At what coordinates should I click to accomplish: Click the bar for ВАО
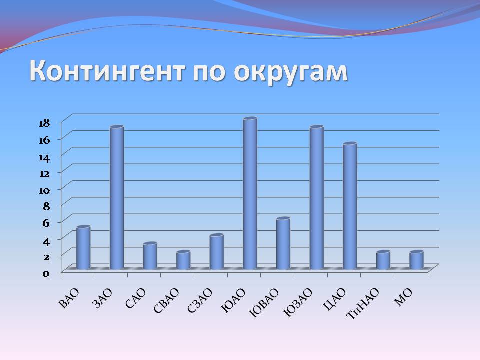pyautogui.click(x=83, y=248)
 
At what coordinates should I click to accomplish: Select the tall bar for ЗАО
pyautogui.click(x=117, y=198)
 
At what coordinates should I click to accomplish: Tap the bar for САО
pyautogui.click(x=150, y=256)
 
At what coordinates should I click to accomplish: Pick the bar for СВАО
pyautogui.click(x=183, y=260)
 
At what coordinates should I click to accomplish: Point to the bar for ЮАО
pyautogui.click(x=250, y=194)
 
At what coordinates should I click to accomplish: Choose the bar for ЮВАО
pyautogui.click(x=283, y=243)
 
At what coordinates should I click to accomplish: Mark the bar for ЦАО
pyautogui.click(x=350, y=206)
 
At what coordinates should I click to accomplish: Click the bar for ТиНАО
pyautogui.click(x=383, y=260)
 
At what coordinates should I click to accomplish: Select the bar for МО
pyautogui.click(x=416, y=260)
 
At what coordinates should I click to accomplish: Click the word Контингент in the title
pyautogui.click(x=107, y=71)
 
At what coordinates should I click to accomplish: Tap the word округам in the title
pyautogui.click(x=291, y=72)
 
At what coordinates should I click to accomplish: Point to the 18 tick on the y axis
pyautogui.click(x=44, y=123)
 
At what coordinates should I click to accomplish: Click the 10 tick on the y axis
pyautogui.click(x=44, y=190)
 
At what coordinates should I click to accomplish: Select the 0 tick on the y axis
pyautogui.click(x=46, y=273)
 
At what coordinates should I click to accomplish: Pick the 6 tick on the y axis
pyautogui.click(x=46, y=223)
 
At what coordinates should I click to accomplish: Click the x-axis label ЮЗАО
pyautogui.click(x=298, y=303)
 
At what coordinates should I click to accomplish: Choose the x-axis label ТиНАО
pyautogui.click(x=363, y=304)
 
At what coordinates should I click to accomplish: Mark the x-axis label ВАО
pyautogui.click(x=69, y=298)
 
